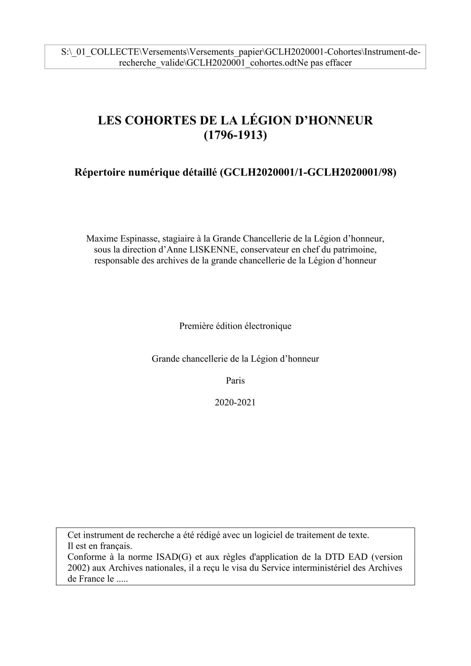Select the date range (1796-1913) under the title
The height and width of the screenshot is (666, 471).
pyautogui.click(x=235, y=135)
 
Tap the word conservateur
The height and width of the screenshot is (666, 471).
pyautogui.click(x=267, y=249)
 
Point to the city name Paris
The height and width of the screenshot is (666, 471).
pyautogui.click(x=235, y=380)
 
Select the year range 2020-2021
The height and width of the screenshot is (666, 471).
pyautogui.click(x=235, y=402)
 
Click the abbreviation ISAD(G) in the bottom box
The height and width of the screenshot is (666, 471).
pyautogui.click(x=174, y=557)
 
